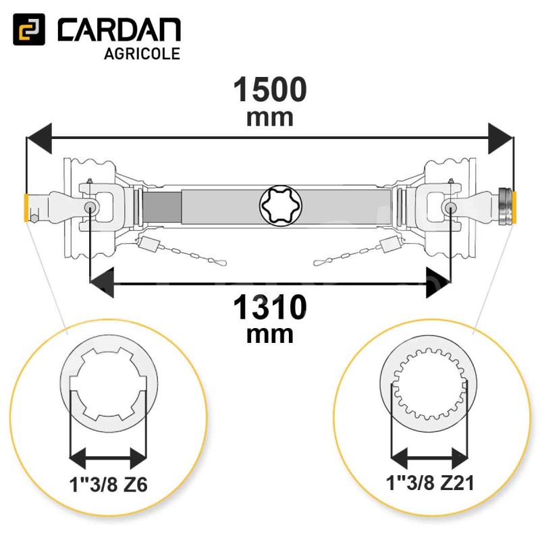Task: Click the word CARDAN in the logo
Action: pyautogui.click(x=119, y=30)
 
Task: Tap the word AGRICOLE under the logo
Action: pyautogui.click(x=142, y=54)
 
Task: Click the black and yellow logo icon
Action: pyautogui.click(x=29, y=29)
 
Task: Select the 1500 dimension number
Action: pyautogui.click(x=270, y=90)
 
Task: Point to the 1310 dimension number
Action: pyautogui.click(x=270, y=307)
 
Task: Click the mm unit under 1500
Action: pyautogui.click(x=270, y=118)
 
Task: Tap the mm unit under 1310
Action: pyautogui.click(x=270, y=335)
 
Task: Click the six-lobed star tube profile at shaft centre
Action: pyautogui.click(x=281, y=206)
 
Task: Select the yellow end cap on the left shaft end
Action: pyautogui.click(x=26, y=208)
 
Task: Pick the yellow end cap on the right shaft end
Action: pyautogui.click(x=514, y=208)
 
